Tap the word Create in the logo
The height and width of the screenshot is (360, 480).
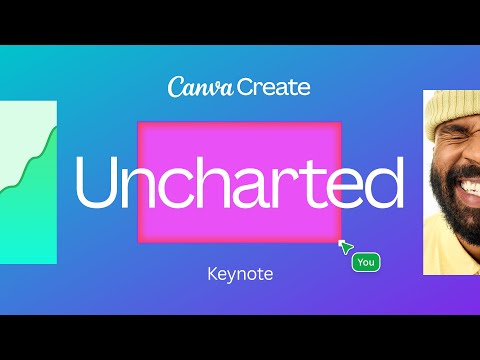[273, 87]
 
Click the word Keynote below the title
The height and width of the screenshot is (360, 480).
[239, 272]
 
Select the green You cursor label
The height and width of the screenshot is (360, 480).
[366, 262]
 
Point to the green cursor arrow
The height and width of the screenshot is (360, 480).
[345, 246]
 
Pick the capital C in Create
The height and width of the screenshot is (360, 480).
[247, 87]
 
